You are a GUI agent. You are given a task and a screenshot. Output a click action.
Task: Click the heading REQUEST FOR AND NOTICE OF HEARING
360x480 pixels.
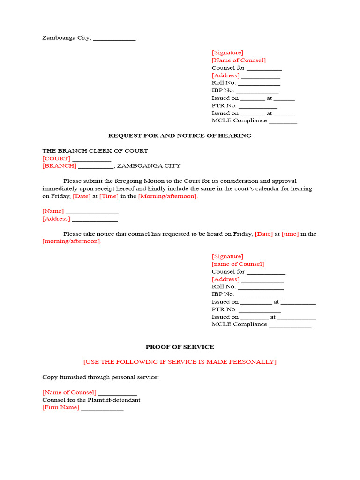coord(180,135)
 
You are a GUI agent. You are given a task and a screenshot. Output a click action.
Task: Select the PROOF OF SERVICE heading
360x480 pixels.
coord(180,347)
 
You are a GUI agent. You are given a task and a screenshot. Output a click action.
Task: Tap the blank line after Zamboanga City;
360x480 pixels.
coord(114,39)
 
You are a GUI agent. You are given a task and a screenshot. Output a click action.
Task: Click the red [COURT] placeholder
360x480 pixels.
coord(56,158)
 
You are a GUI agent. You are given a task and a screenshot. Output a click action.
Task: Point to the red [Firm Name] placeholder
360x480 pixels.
coord(61,407)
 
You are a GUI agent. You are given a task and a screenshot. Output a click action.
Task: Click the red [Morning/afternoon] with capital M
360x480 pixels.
coord(168,196)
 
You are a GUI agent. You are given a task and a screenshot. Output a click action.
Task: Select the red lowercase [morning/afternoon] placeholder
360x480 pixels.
coord(72,241)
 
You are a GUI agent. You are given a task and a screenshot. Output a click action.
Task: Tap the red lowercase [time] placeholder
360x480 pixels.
coord(290,234)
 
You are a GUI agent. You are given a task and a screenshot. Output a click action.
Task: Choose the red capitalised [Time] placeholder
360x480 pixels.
coord(108,196)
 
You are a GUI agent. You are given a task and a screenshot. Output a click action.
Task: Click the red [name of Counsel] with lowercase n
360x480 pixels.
coord(238,264)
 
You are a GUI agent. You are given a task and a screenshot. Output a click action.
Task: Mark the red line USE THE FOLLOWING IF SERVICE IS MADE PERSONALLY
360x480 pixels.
coord(180,362)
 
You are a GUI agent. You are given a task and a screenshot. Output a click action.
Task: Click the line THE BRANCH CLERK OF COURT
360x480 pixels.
coord(95,151)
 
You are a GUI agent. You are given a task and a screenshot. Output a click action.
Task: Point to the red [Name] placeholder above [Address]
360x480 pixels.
coord(53,211)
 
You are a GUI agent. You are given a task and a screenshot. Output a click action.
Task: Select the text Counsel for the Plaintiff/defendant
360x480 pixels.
coord(91,400)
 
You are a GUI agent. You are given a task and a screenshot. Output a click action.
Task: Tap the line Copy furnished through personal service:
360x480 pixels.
coord(101,377)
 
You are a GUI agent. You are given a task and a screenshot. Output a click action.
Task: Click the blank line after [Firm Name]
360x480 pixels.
coord(102,408)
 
